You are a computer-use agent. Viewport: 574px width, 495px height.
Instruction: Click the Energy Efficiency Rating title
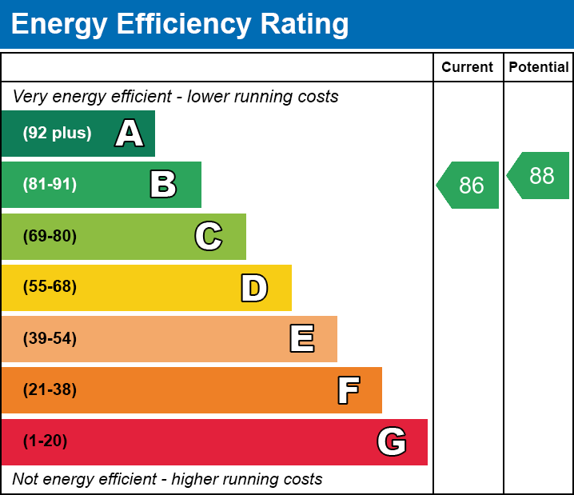180,24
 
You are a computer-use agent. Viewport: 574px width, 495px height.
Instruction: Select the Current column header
468,67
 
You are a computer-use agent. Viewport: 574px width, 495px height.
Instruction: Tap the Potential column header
539,67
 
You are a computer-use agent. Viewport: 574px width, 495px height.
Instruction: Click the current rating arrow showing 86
469,186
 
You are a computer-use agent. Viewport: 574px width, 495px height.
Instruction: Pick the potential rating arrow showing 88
540,175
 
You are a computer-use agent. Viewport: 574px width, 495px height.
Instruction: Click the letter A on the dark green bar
130,134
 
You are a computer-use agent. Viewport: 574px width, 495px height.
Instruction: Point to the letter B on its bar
163,185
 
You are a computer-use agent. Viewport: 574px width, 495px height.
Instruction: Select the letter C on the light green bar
209,236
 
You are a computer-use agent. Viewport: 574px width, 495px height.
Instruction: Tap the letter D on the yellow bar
254,288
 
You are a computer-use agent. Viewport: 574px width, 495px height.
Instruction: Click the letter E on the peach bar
301,339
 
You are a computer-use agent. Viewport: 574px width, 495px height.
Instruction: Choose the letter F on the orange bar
348,390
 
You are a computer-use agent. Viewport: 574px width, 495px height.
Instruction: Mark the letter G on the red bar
392,441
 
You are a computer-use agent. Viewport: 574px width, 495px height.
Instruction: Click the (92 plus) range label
57,134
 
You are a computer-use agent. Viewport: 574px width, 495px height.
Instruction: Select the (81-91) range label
50,185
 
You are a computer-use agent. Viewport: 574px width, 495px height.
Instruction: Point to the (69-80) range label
50,236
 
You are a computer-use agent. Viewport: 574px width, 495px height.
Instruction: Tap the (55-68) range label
50,287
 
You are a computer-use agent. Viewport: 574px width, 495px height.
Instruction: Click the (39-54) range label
50,339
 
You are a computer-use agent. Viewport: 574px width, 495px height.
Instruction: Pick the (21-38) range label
50,390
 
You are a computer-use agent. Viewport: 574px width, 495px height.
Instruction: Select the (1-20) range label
46,441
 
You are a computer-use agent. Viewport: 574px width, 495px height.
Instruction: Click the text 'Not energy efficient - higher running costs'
168,479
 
